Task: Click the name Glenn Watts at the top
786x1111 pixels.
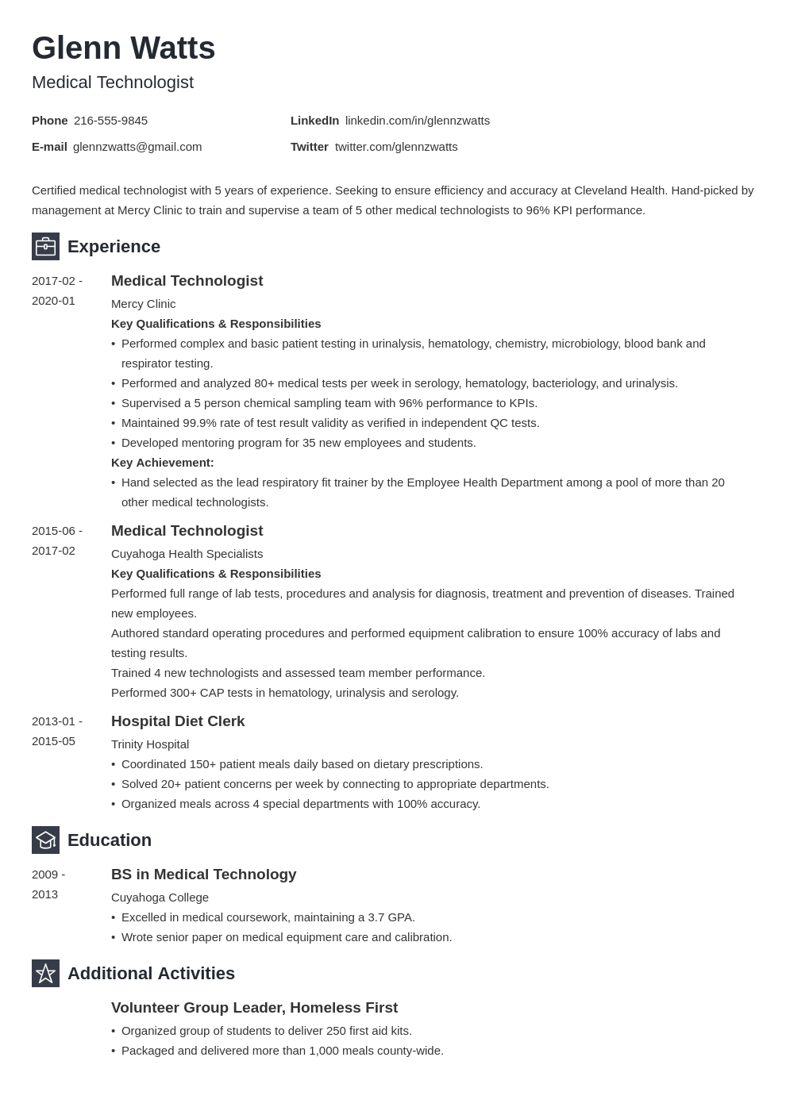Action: (123, 48)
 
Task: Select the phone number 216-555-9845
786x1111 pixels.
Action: (110, 121)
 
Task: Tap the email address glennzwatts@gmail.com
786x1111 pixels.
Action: (137, 147)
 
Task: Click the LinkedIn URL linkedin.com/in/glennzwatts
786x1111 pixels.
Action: (417, 121)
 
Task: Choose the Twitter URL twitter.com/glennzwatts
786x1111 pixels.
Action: (396, 147)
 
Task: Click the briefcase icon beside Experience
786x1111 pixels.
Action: (45, 247)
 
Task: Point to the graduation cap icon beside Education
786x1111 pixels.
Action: (45, 840)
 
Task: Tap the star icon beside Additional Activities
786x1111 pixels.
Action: (45, 974)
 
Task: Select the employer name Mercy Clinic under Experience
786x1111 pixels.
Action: (143, 304)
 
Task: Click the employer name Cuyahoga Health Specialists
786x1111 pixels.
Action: (187, 554)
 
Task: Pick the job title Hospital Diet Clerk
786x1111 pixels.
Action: (178, 721)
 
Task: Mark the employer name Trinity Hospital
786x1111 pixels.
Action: (150, 744)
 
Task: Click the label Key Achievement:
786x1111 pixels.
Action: (162, 463)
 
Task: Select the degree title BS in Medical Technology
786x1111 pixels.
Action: (203, 875)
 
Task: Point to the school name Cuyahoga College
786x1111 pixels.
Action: (160, 898)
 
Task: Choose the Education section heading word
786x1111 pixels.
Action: (110, 840)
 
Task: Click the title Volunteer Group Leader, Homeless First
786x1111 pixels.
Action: (254, 1008)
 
